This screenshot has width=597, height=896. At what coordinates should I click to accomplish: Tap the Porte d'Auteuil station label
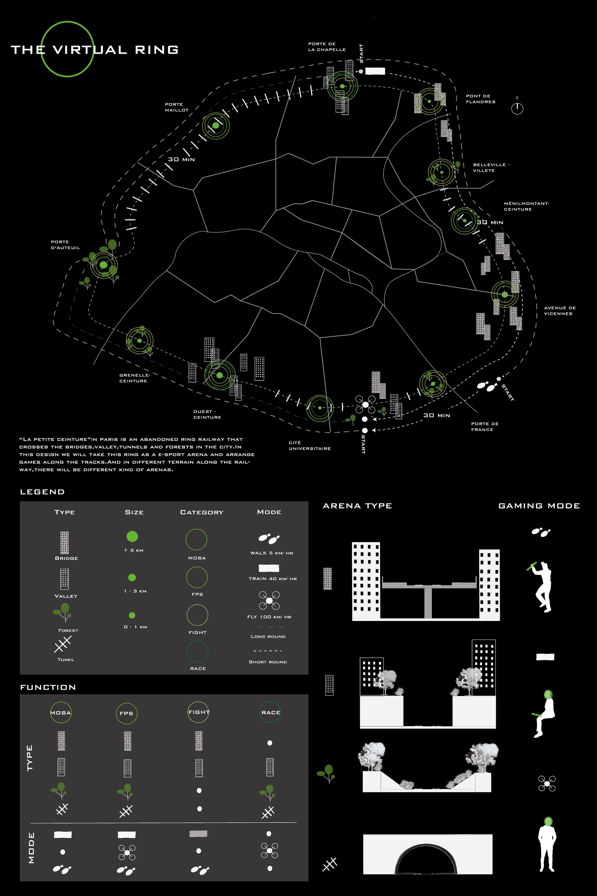click(x=65, y=245)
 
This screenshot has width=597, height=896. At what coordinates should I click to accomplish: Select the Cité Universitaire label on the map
click(x=310, y=445)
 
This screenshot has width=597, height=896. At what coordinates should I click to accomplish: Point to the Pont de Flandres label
click(x=481, y=99)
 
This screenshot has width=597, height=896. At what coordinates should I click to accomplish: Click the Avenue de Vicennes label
click(x=560, y=311)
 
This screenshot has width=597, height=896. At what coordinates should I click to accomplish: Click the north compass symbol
click(x=517, y=108)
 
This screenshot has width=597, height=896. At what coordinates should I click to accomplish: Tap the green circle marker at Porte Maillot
click(x=216, y=125)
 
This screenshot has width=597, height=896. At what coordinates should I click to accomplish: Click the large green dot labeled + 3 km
click(x=132, y=537)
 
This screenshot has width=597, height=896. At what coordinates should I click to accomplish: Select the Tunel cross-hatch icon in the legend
click(x=62, y=645)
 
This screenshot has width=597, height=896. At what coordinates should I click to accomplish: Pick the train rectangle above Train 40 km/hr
click(x=269, y=568)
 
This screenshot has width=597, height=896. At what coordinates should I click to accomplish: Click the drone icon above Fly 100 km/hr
click(x=269, y=600)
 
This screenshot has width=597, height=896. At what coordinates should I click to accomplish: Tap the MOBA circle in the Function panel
click(x=61, y=712)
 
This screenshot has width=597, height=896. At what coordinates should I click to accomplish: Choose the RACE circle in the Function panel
click(x=270, y=712)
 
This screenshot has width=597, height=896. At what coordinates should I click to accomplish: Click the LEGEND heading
click(x=42, y=492)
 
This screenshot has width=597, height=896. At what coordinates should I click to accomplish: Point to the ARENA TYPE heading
click(x=357, y=506)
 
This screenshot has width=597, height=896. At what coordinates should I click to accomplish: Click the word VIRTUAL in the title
click(x=90, y=50)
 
